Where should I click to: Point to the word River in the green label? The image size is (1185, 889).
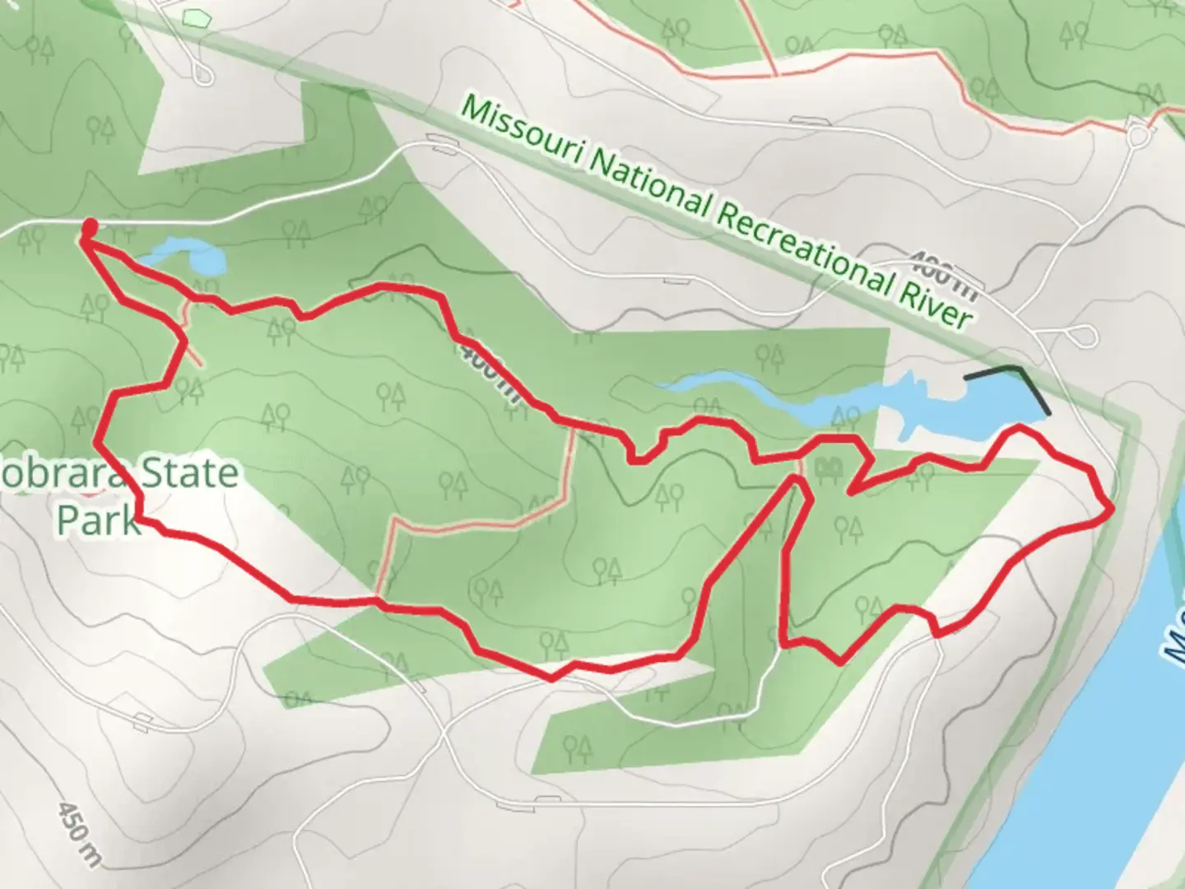click(935, 305)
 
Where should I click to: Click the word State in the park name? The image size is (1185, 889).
click(188, 475)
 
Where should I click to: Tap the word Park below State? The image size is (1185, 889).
click(98, 519)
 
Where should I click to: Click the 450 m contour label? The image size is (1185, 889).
click(79, 831)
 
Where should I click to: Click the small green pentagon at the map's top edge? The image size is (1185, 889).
click(195, 16)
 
